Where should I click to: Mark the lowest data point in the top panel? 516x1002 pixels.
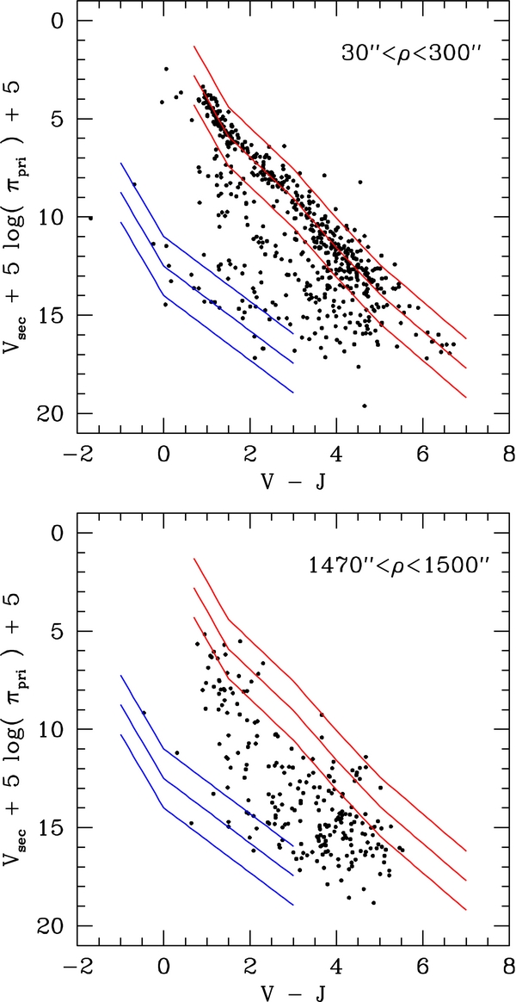click(x=365, y=405)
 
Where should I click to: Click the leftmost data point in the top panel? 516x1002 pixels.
click(x=90, y=219)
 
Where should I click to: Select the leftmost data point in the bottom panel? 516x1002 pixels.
click(x=144, y=713)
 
